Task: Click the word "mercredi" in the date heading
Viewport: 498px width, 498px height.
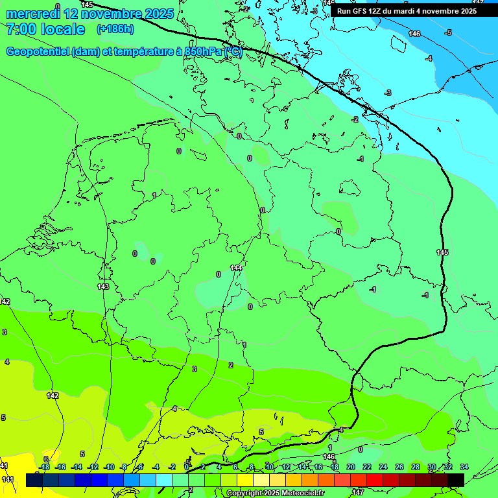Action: (33, 14)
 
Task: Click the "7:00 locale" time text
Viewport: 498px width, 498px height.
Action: (45, 29)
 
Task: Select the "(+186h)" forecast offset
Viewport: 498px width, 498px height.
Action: (115, 29)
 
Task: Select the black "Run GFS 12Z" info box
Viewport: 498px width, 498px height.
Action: (407, 11)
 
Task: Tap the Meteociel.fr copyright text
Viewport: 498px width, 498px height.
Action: (275, 493)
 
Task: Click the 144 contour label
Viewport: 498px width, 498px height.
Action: (237, 268)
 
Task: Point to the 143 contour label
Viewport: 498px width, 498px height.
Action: (103, 287)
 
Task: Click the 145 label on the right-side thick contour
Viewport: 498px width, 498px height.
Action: (442, 252)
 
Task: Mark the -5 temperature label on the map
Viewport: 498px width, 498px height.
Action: (448, 32)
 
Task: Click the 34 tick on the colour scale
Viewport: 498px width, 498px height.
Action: (464, 467)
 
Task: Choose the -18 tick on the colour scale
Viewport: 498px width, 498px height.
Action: (44, 467)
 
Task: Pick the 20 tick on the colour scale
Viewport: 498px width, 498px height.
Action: (351, 467)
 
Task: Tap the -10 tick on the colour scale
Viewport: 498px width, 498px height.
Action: (109, 467)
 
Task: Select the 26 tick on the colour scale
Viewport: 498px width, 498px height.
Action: (399, 467)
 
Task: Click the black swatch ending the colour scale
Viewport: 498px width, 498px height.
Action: (456, 480)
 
